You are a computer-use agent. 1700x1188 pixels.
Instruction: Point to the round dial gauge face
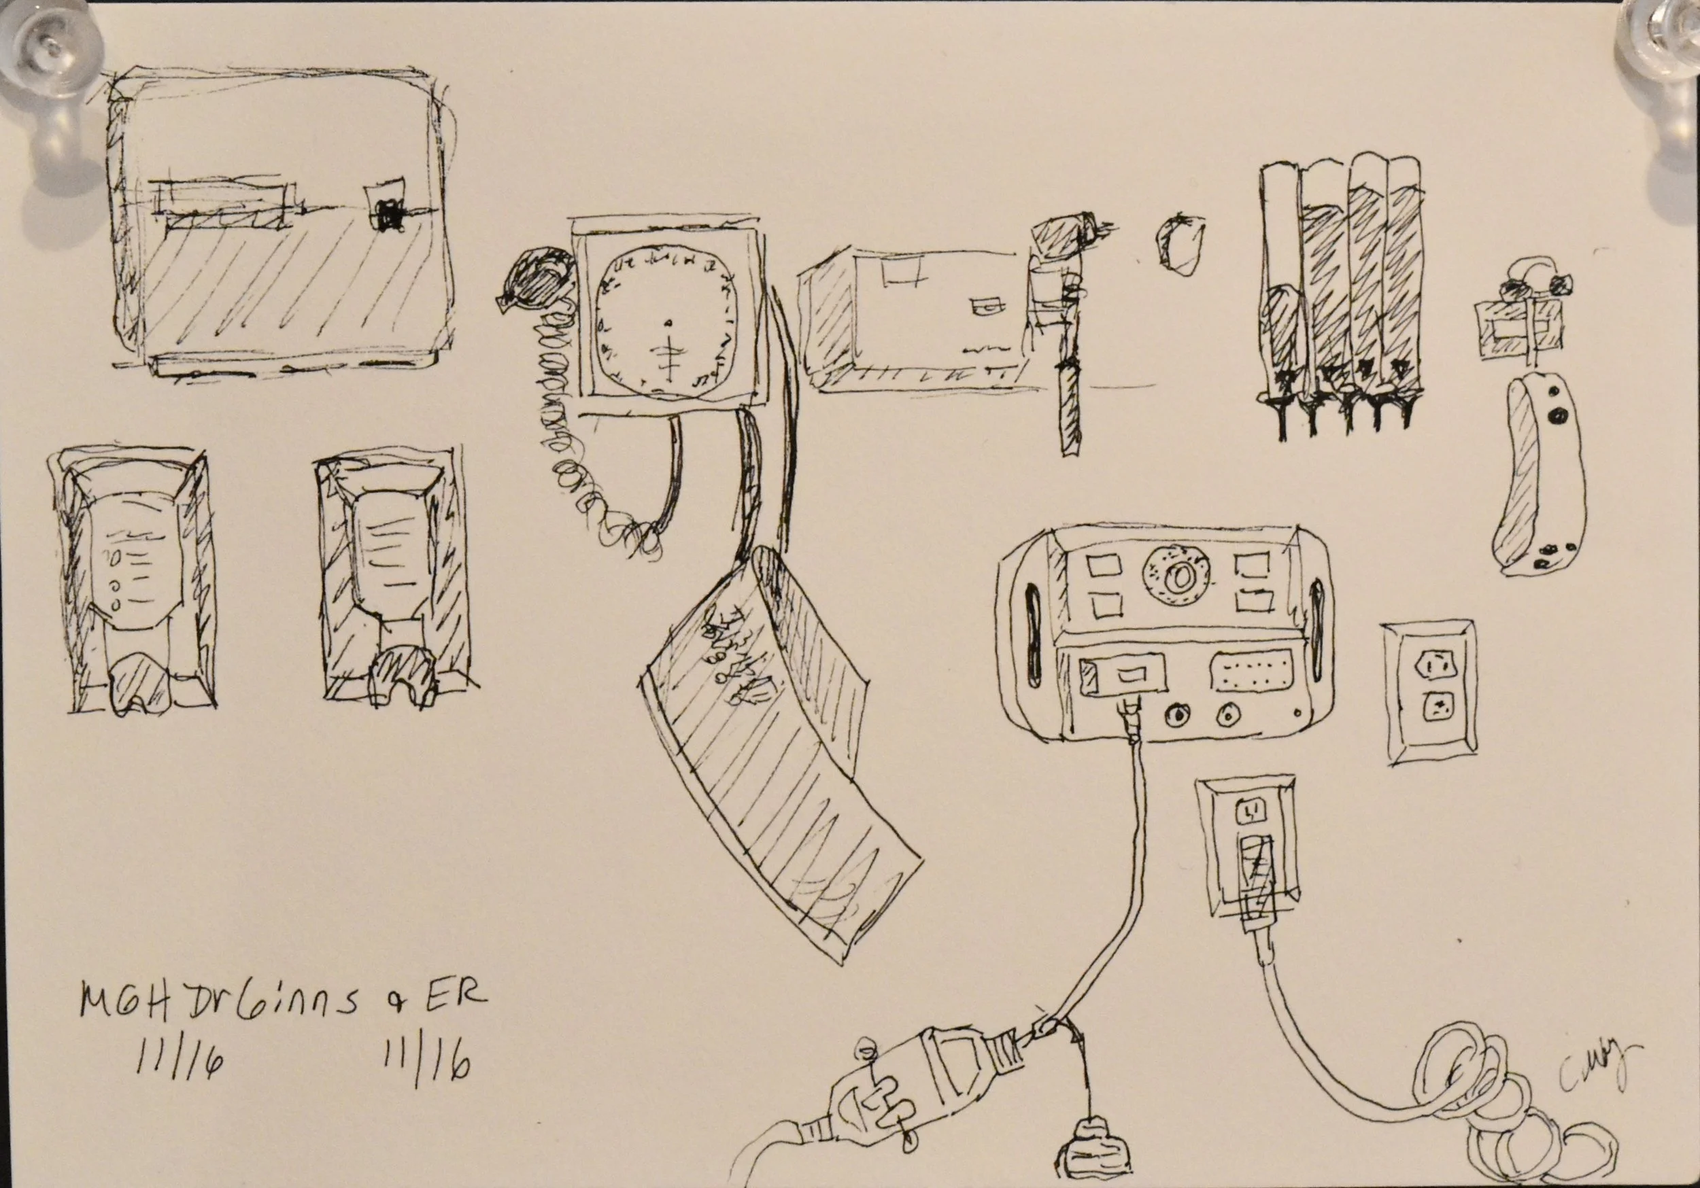point(667,324)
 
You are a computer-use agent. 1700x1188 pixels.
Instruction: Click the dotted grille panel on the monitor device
point(1251,672)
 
